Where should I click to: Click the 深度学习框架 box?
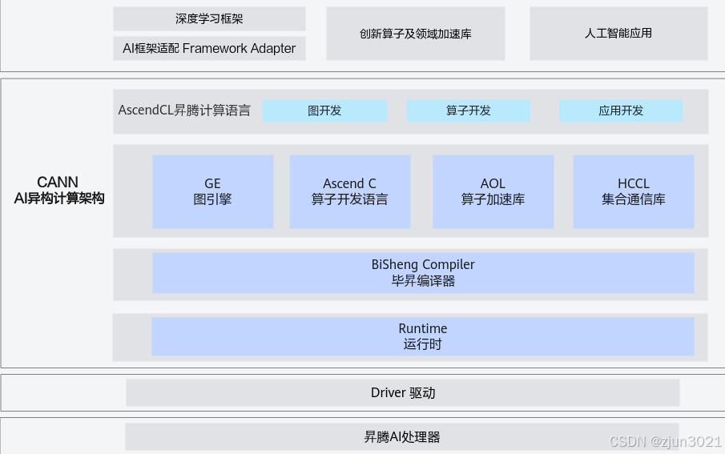coord(209,18)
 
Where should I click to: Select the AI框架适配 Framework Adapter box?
coord(209,48)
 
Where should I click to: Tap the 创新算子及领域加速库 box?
coord(415,34)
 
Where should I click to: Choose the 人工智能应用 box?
coord(618,34)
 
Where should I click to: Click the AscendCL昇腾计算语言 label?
coord(184,110)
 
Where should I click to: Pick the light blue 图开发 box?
coord(324,110)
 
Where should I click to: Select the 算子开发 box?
coord(469,110)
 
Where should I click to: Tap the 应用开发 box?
coord(621,110)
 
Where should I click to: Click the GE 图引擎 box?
coord(212,191)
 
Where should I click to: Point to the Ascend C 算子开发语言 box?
coord(349,191)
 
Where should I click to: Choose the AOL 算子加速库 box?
coord(493,191)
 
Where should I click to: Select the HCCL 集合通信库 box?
coord(634,191)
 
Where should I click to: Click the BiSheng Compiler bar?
coord(423,272)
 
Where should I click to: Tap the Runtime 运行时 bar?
coord(423,336)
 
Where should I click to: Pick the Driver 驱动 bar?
coord(403,392)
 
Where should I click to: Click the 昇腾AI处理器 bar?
coord(402,437)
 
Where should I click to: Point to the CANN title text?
coord(58,183)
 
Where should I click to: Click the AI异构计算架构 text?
coord(59,199)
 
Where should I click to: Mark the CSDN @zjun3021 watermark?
coord(665,442)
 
